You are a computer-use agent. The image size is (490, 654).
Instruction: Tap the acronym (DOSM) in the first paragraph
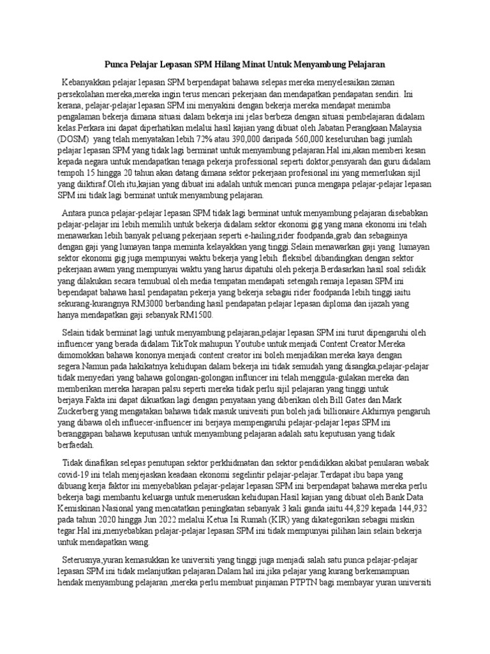tap(74, 139)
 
